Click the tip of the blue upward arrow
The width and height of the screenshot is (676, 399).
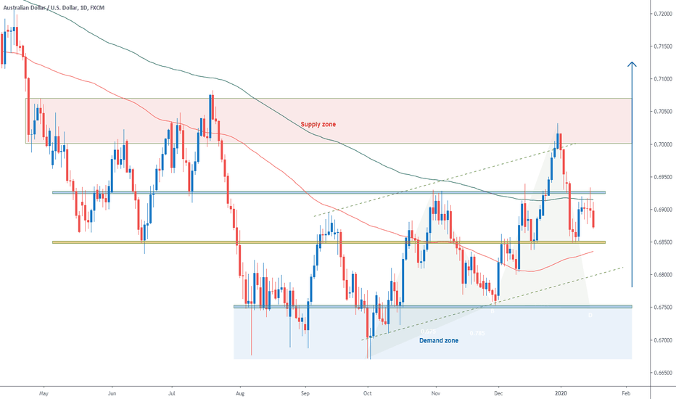(632, 62)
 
